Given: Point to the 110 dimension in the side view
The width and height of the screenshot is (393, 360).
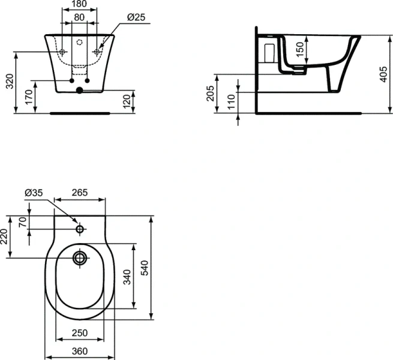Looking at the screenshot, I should click(230, 103).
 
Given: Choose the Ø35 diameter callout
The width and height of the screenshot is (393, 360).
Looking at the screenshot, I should click(34, 193).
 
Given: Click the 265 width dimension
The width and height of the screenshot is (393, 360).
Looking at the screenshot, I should click(80, 193).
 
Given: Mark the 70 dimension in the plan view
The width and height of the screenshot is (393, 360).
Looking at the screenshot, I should click(23, 223).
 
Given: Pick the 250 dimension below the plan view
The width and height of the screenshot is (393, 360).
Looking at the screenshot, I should click(80, 333).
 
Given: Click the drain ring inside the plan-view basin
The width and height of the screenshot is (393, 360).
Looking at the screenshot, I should click(79, 259).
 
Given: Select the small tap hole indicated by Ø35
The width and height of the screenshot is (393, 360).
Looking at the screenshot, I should click(79, 229).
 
